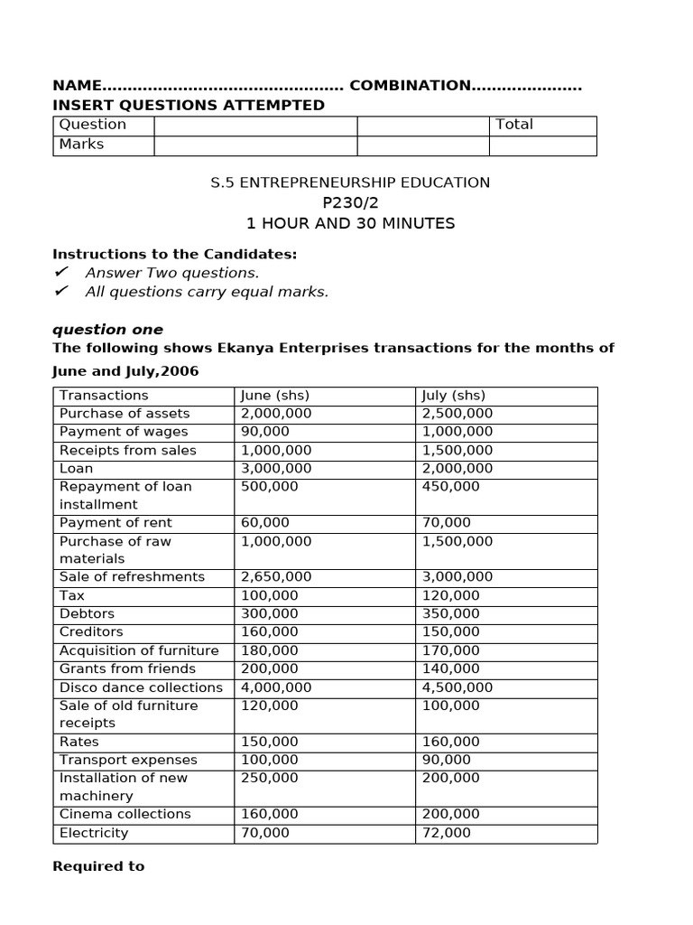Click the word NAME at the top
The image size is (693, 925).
(78, 86)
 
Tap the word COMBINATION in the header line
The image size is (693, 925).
(410, 86)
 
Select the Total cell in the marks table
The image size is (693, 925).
(514, 125)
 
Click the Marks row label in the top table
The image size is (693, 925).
(81, 145)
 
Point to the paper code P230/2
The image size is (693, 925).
(350, 203)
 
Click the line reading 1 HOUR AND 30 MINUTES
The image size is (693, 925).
(350, 223)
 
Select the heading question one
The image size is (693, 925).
(107, 330)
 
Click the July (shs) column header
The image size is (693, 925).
(453, 396)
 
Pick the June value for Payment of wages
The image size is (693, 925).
(265, 432)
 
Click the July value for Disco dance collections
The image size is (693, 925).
(457, 687)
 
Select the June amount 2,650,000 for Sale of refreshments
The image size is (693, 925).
(276, 577)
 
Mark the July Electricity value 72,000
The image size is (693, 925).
(446, 833)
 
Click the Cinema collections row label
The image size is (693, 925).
(125, 815)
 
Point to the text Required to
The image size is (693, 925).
(98, 866)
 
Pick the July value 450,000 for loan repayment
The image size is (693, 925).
(451, 487)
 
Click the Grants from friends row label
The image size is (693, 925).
(127, 669)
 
